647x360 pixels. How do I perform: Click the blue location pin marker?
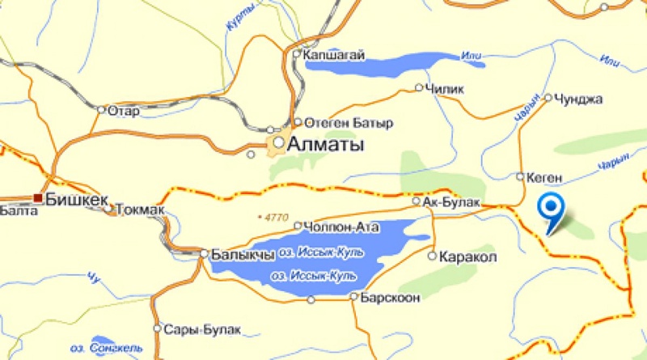click(x=552, y=210)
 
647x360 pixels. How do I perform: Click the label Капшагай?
click(x=334, y=55)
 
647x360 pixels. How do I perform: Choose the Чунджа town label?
click(x=578, y=99)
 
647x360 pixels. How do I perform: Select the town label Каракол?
click(x=467, y=256)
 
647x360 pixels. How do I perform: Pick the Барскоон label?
click(x=391, y=298)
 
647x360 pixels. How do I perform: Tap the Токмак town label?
click(x=140, y=210)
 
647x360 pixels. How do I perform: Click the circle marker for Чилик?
click(x=419, y=88)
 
